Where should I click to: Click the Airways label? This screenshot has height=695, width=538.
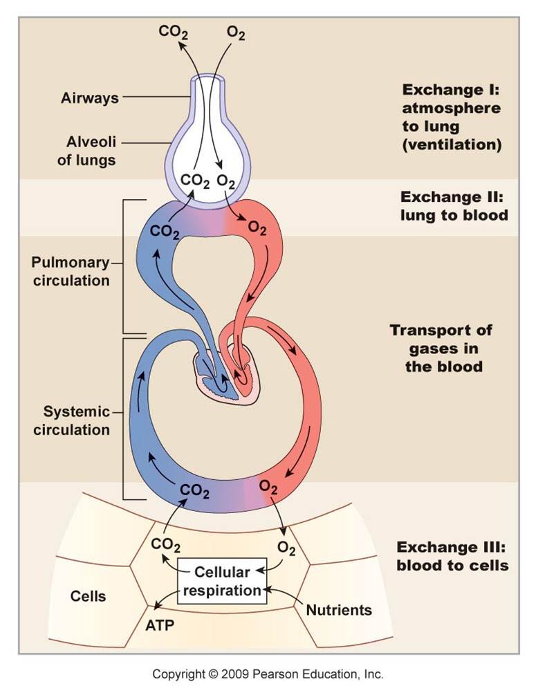click(89, 98)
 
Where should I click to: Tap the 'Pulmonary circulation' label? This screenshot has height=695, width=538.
click(71, 272)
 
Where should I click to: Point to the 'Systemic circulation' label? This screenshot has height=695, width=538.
click(76, 420)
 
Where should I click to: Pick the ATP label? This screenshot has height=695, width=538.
click(159, 625)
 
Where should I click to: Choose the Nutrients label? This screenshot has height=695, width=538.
click(339, 610)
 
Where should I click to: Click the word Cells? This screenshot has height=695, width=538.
click(89, 595)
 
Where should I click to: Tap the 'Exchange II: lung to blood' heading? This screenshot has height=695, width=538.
click(454, 205)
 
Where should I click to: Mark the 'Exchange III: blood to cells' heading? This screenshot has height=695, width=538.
click(453, 557)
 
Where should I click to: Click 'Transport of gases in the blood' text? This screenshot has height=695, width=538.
click(443, 349)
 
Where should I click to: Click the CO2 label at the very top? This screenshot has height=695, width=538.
click(173, 31)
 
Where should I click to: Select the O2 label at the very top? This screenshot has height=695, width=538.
click(236, 32)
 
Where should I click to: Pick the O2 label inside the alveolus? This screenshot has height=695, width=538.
click(226, 180)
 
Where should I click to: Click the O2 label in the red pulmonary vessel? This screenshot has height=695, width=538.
click(257, 228)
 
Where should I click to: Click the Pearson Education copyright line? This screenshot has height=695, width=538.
click(268, 674)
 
